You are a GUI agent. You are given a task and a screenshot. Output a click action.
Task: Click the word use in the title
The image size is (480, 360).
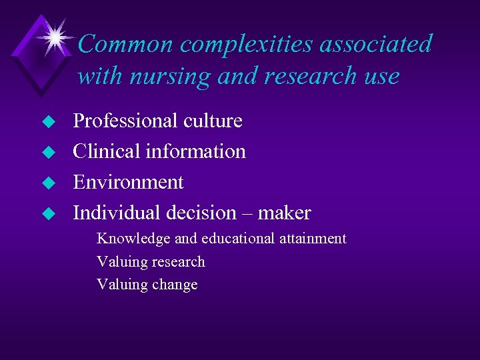(381, 76)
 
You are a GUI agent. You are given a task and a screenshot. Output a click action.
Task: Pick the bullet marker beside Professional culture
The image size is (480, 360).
(47, 122)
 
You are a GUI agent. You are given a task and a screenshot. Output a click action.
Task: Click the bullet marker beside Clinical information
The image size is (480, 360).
(47, 153)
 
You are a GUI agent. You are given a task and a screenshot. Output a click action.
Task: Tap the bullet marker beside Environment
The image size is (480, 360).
(47, 183)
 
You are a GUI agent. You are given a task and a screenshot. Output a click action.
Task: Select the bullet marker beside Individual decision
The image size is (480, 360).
(47, 214)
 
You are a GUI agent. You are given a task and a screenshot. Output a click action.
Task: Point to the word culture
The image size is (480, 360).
(215, 121)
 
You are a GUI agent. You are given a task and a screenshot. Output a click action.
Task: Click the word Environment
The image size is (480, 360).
(128, 182)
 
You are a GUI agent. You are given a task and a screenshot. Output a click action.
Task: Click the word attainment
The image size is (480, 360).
(313, 239)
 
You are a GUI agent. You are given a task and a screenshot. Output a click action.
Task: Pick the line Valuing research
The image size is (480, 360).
(151, 262)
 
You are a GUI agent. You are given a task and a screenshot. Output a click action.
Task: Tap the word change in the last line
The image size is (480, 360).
(175, 285)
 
